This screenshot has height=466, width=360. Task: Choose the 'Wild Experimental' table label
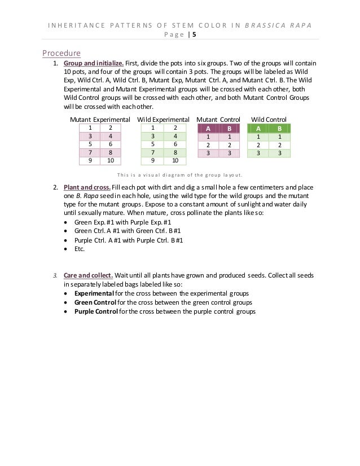[x=163, y=120]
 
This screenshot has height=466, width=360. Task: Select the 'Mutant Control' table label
[x=218, y=120]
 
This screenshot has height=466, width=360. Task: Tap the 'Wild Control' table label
[x=269, y=120]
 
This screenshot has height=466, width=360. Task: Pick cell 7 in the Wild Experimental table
[x=152, y=152]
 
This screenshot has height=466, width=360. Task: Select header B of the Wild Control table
[x=279, y=128]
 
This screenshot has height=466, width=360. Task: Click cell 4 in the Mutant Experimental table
[x=111, y=136]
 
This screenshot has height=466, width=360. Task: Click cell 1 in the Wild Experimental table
[x=152, y=128]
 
